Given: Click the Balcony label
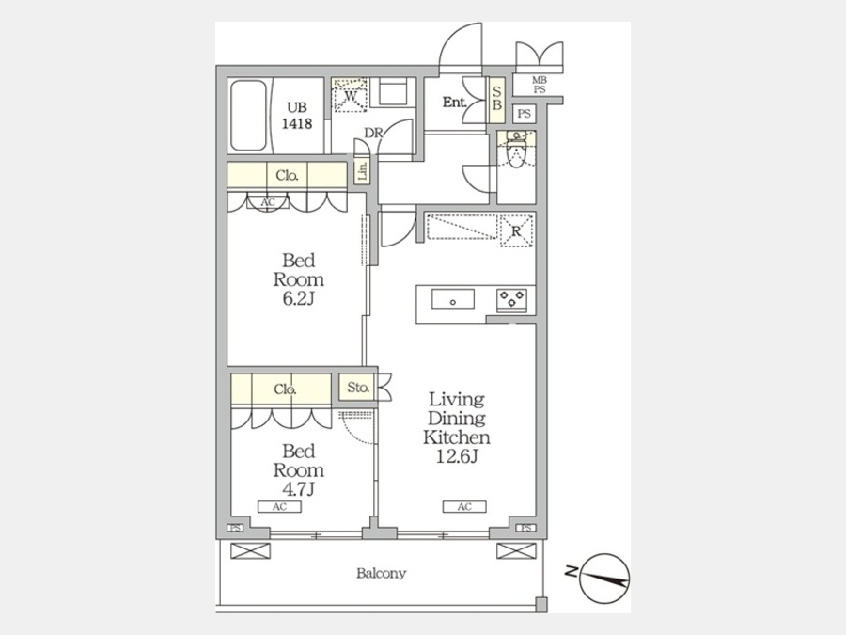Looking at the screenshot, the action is click(381, 573).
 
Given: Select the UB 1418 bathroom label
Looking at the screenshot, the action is click(297, 115).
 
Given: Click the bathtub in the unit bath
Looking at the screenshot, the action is click(249, 116).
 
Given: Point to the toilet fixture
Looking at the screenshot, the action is click(516, 152).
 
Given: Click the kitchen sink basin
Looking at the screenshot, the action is click(453, 298).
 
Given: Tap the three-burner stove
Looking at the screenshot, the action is click(511, 300).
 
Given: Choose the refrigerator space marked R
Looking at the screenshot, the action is click(516, 231).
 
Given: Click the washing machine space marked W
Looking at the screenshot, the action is click(351, 96).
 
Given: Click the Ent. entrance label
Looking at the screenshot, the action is click(454, 102).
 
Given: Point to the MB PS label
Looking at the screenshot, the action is click(540, 85).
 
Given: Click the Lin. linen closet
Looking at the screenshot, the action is click(363, 171).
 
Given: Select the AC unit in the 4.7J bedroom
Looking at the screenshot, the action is click(279, 507).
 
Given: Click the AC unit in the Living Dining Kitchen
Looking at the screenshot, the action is click(464, 507).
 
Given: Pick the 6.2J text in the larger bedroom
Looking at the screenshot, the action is click(298, 298).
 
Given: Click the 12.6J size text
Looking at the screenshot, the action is click(457, 457).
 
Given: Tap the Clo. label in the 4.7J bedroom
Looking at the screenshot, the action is click(284, 389).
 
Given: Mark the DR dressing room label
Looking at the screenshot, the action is click(373, 133).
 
